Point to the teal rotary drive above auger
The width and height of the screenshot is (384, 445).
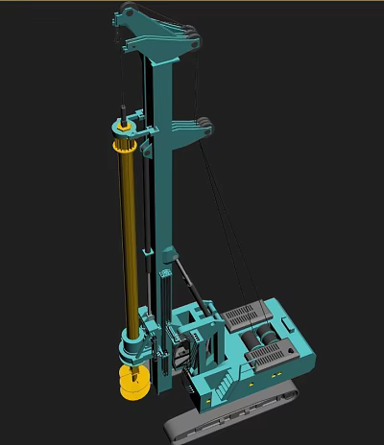(133, 340)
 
